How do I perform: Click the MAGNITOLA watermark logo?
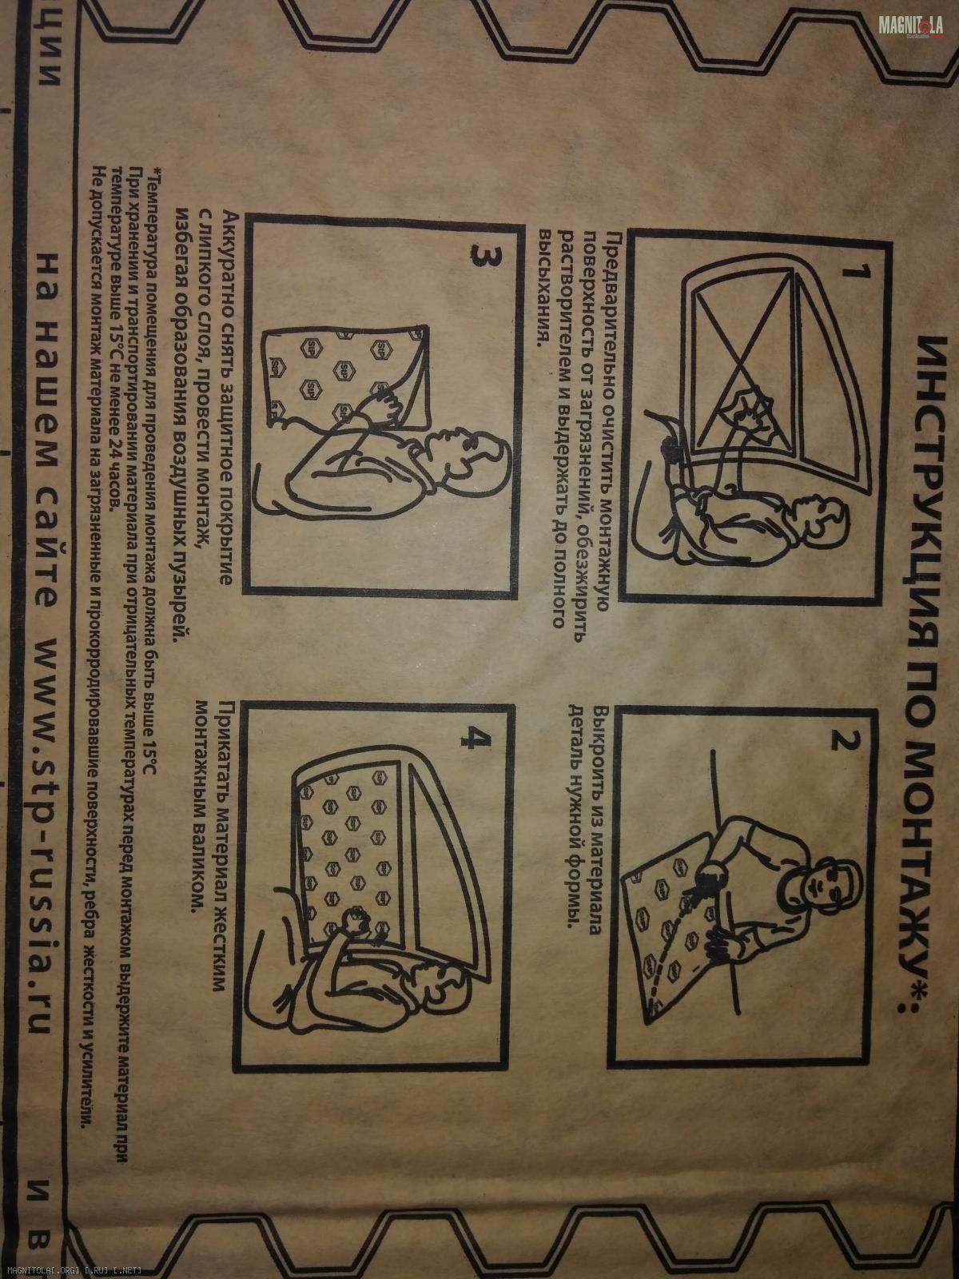910,26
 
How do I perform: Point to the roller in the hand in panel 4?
355,920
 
